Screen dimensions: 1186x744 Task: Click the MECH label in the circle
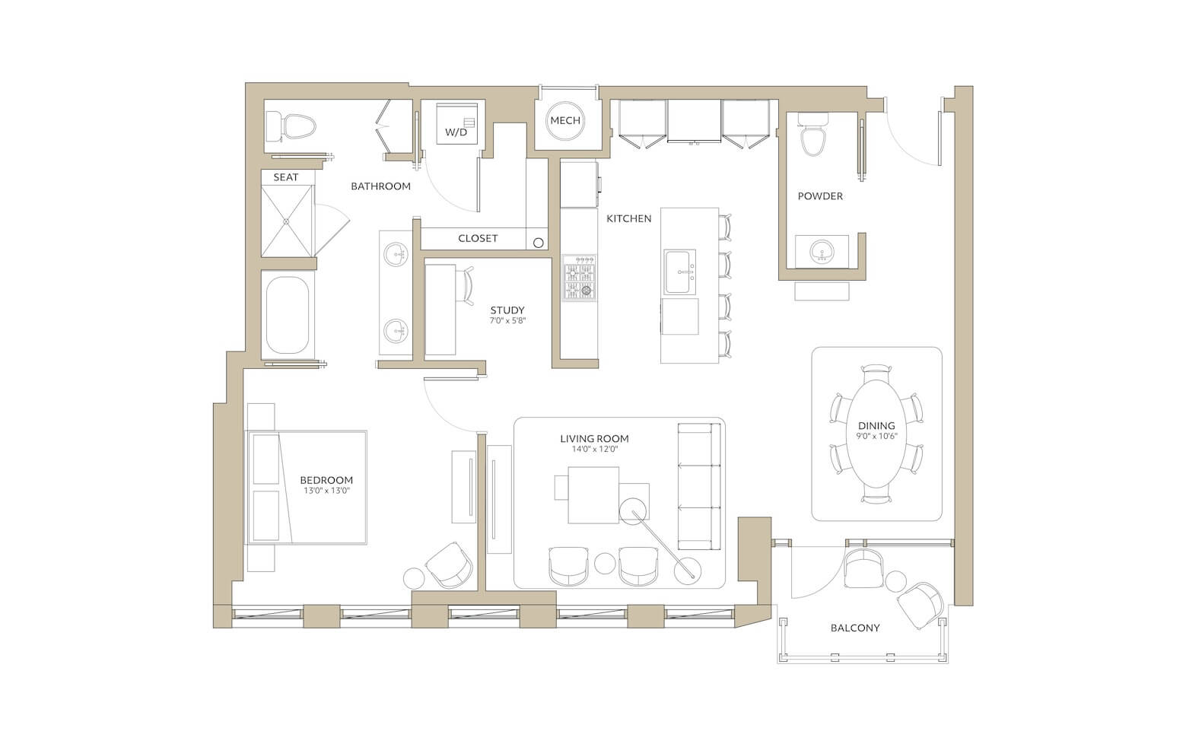[x=565, y=121]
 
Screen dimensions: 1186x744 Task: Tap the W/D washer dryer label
[x=456, y=132]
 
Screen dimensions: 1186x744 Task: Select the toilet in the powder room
[x=812, y=135]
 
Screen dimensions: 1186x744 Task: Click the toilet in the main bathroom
[x=291, y=126]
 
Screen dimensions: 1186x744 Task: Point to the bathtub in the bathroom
[x=288, y=315]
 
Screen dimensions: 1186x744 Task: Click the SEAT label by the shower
[x=286, y=177]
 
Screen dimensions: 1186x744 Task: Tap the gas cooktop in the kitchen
[x=579, y=278]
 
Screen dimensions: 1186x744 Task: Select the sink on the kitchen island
[x=680, y=272]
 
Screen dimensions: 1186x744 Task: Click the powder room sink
[x=821, y=252]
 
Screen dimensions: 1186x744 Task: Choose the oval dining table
[x=876, y=433]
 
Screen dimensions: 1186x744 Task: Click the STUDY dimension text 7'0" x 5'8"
[x=507, y=321]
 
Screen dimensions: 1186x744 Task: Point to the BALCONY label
[x=855, y=628]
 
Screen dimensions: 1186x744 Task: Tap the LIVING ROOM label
[x=595, y=438]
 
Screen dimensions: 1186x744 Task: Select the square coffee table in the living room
[x=593, y=495]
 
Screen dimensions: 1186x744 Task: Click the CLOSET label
[x=478, y=238]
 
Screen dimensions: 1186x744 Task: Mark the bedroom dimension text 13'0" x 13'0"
[x=326, y=491]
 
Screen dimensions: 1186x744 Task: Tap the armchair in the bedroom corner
[x=449, y=565]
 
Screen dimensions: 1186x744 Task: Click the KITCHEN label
[x=629, y=218]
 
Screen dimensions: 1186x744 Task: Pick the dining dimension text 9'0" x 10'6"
[x=877, y=437]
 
